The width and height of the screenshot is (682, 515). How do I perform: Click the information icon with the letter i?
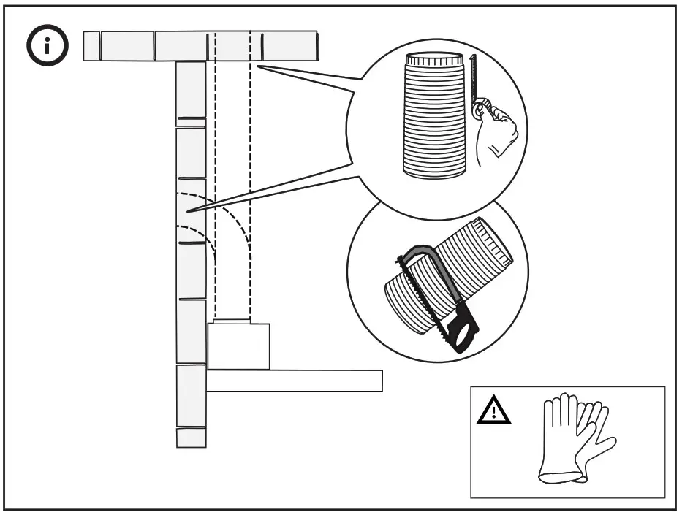pos(48,47)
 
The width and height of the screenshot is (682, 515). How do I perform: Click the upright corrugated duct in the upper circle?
pos(434,117)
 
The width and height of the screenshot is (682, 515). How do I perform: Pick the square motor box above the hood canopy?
pos(238,346)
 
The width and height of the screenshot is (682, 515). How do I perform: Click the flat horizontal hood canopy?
pos(294,381)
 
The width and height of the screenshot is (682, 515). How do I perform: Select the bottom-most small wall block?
pos(191,438)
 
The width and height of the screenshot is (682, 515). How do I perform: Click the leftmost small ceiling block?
pos(91,46)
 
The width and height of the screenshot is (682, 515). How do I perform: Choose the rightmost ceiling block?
pos(289,46)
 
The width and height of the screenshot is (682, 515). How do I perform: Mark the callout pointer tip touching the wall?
pos(189,211)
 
